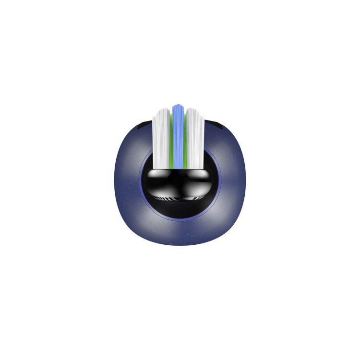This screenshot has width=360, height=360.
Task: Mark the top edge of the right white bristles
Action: (x=196, y=110)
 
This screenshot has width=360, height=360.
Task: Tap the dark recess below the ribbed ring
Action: (x=179, y=206)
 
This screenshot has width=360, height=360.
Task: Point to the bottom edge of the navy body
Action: (x=179, y=244)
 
